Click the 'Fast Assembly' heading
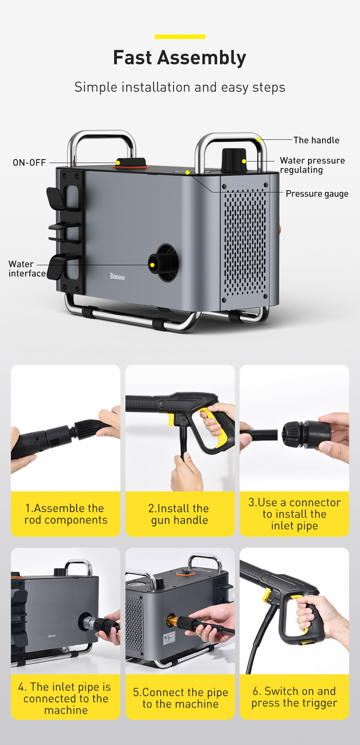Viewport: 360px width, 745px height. coord(180,58)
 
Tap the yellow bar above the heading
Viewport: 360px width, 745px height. coord(180,37)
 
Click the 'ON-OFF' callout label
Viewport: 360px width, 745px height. coord(29,163)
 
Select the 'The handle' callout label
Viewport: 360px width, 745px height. coord(316,140)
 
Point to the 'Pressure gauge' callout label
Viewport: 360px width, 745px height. coord(317,194)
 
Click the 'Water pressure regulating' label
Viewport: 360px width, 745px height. coord(312,165)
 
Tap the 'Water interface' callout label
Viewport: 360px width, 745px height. coord(27,269)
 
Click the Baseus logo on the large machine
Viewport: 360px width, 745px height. coord(117,276)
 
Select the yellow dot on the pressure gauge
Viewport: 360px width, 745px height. coord(187,172)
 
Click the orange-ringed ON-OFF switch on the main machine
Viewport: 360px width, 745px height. coord(131,163)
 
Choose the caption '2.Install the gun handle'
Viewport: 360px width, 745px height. coord(180,514)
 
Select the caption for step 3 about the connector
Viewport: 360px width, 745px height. coord(295,514)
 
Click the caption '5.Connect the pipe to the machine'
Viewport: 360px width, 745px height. coord(180,698)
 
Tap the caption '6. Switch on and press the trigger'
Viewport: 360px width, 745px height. coord(294,697)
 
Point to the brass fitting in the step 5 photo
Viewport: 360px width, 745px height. coord(172,620)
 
